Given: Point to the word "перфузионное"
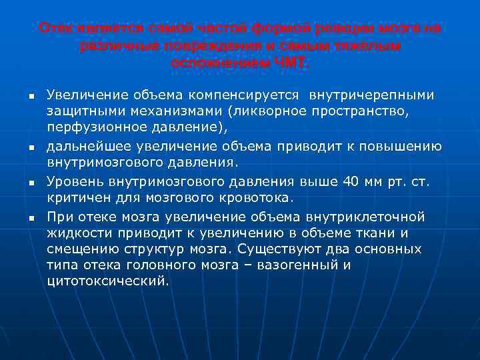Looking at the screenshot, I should (91, 127).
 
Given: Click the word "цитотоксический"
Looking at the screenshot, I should (108, 281).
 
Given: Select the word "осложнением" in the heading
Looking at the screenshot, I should (221, 63).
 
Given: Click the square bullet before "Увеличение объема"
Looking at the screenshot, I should (31, 97).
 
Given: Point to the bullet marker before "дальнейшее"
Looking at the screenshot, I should (31, 148).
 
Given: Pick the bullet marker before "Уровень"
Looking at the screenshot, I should (31, 183).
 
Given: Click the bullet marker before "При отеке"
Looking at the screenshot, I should (31, 219).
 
